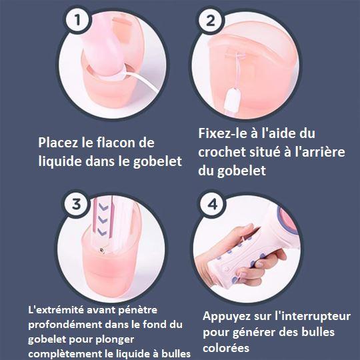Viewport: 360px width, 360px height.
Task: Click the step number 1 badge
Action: tap(77, 20)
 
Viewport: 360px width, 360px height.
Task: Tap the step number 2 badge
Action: tap(210, 21)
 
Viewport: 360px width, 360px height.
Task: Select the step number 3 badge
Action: tap(76, 204)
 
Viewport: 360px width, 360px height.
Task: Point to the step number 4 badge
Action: tap(212, 204)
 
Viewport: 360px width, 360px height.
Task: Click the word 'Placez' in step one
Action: tap(57, 143)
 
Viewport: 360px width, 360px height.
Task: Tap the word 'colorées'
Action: tap(226, 348)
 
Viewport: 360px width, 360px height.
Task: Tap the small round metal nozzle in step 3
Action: tap(101, 250)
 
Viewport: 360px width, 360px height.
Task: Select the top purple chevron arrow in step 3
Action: tap(103, 207)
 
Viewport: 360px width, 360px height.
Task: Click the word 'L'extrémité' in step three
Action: tap(56, 310)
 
